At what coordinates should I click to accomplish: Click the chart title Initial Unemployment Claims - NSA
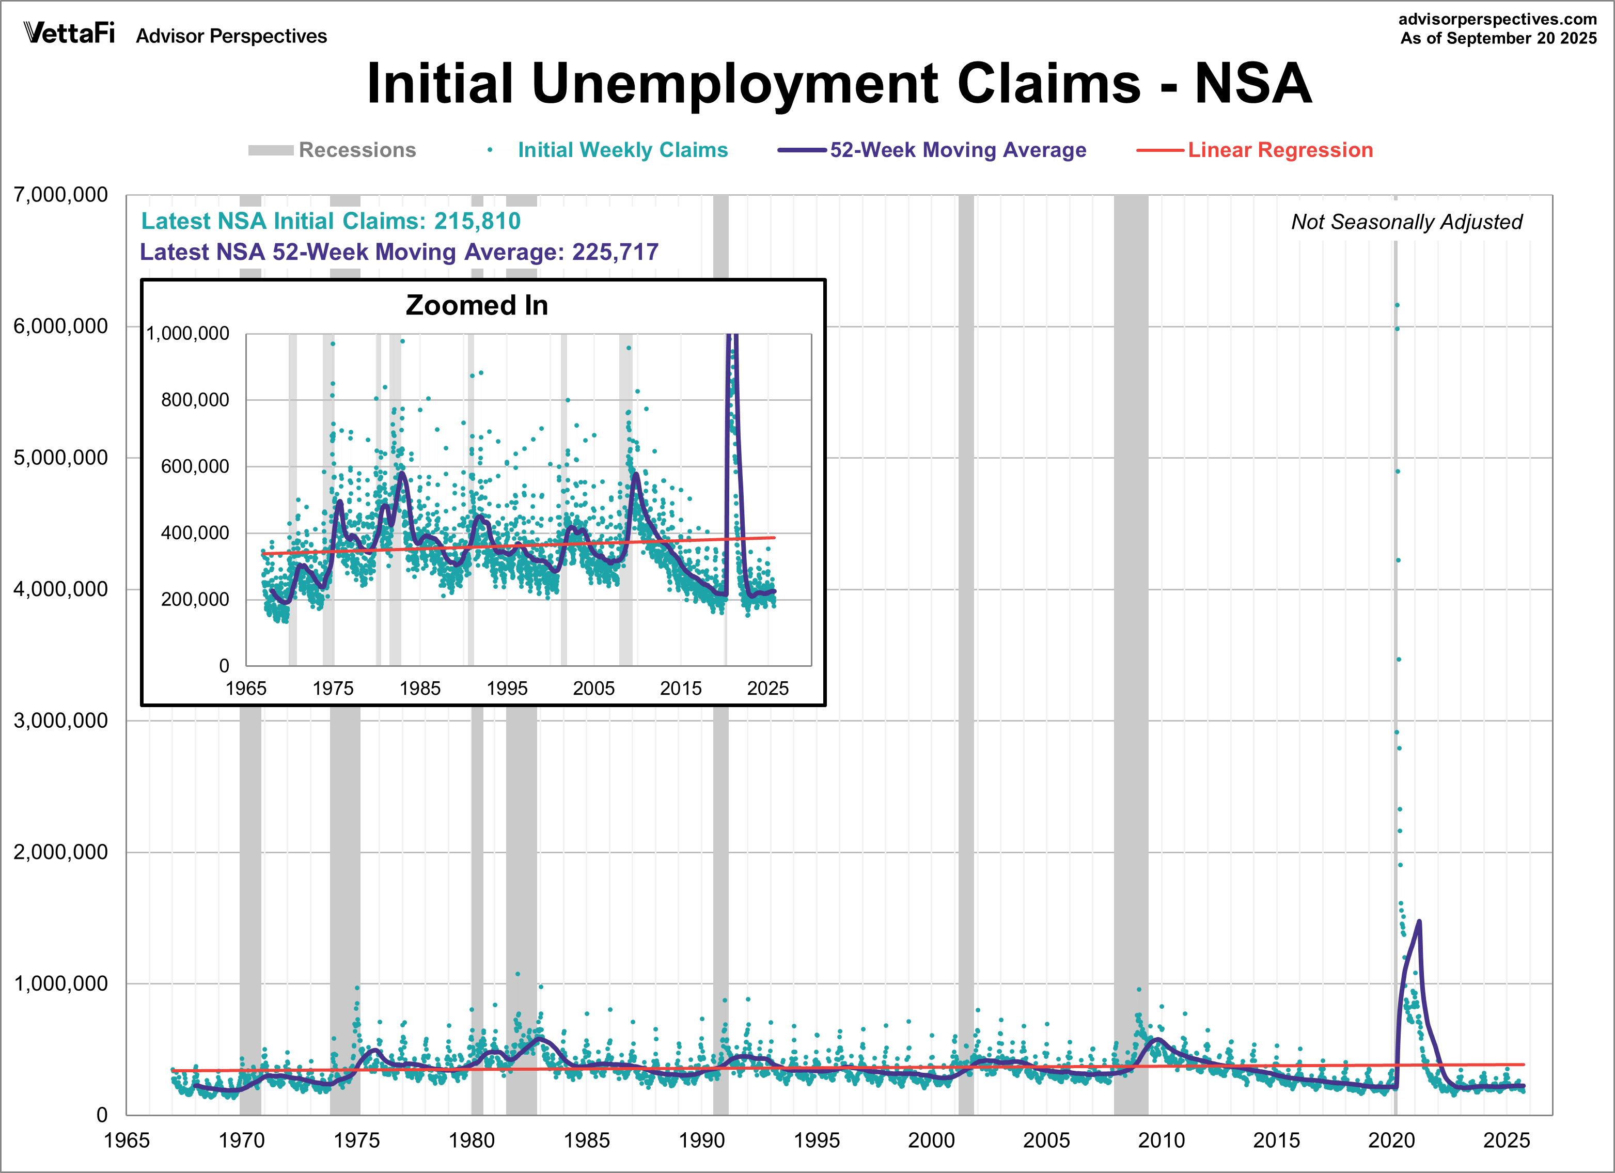point(839,84)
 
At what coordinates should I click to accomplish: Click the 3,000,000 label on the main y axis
point(61,720)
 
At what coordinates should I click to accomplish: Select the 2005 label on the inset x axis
point(594,688)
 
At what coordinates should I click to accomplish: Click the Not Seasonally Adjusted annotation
point(1406,222)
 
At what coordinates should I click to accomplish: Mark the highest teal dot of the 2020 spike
point(1397,305)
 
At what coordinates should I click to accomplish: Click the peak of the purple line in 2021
point(1419,921)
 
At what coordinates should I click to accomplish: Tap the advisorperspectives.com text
point(1498,19)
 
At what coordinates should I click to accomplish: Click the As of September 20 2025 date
point(1498,38)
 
